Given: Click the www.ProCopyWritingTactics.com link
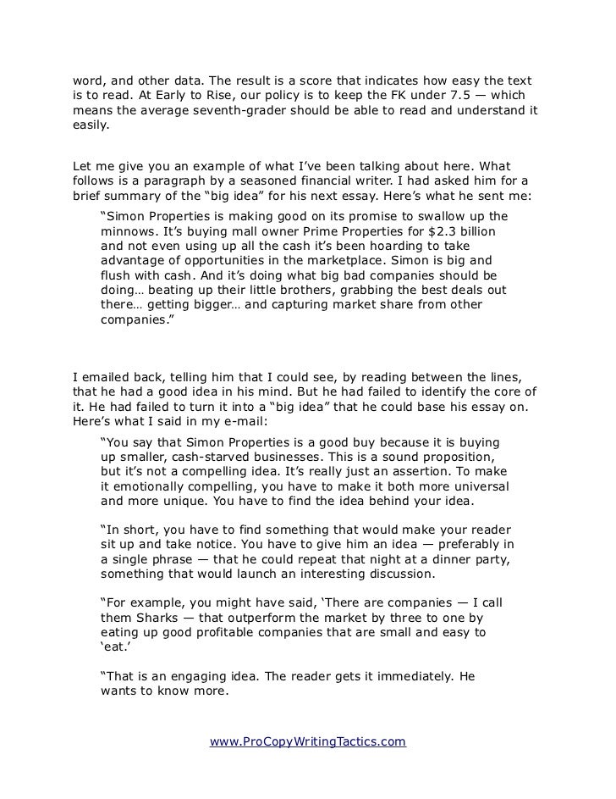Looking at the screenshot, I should click(308, 742).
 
